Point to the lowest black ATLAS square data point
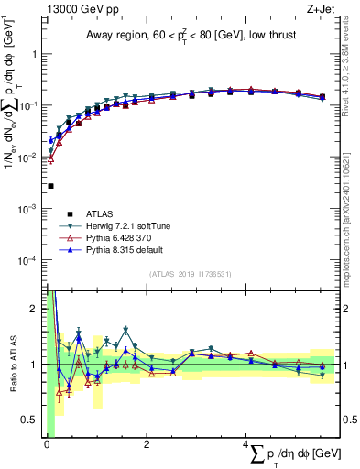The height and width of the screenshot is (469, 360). click(50, 186)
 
